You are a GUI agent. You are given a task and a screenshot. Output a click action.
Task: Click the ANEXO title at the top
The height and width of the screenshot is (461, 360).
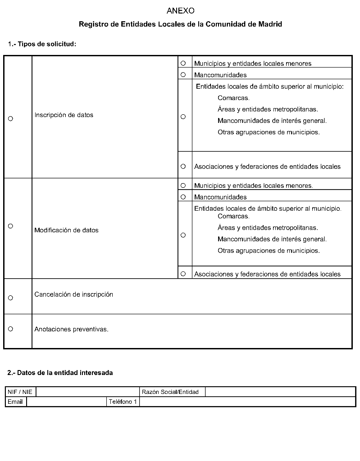coord(180,10)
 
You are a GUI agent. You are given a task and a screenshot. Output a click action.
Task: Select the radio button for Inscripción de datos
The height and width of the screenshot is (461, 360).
coord(10,118)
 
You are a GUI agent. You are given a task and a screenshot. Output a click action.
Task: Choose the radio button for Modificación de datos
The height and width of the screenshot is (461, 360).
coord(10,226)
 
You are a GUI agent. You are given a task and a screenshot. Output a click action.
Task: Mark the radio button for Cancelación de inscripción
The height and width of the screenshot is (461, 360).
coord(10,298)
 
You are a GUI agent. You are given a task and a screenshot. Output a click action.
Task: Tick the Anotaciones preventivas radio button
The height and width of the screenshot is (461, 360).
coord(10,329)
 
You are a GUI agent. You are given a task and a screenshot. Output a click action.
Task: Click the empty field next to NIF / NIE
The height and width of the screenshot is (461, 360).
coord(87,392)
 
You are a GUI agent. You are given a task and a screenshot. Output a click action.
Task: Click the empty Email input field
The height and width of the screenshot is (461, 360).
coord(66,402)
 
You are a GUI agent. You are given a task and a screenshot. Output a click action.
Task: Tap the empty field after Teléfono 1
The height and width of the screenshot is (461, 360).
coord(247,402)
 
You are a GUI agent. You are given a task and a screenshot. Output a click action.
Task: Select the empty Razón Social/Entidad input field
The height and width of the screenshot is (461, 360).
coord(280,392)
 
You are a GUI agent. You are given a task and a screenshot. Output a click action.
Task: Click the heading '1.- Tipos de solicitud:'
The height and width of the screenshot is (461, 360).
coord(42,44)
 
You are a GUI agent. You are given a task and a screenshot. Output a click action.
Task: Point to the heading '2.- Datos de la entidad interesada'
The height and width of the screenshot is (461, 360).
coord(60,373)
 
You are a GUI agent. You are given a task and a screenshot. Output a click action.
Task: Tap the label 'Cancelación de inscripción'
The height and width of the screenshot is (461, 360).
coord(73,294)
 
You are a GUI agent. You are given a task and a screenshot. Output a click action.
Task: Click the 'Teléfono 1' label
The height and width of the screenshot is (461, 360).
coord(123,402)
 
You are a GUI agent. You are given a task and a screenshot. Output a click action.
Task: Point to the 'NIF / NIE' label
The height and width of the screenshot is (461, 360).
coord(20,392)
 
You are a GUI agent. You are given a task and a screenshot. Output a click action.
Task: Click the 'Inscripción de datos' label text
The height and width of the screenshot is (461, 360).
coord(64,115)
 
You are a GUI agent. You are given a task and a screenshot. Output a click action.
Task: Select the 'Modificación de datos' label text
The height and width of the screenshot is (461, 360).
coord(66,230)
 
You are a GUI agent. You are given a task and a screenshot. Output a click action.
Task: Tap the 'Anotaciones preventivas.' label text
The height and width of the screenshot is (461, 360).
coord(71,329)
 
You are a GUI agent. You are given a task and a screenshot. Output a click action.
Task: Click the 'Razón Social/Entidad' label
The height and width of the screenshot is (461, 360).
coord(170,392)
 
